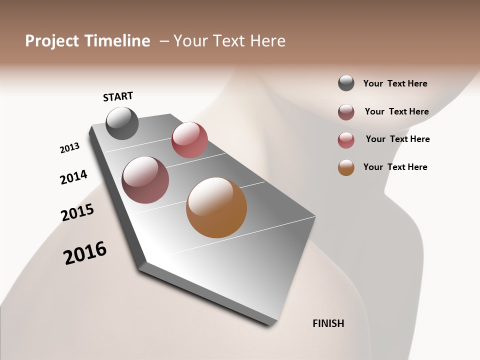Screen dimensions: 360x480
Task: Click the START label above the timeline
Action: (118, 96)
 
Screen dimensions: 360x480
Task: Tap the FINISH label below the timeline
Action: (328, 323)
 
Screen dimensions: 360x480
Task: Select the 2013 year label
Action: (69, 148)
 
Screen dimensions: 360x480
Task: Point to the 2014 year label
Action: (73, 177)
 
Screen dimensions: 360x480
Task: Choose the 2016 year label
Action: (85, 253)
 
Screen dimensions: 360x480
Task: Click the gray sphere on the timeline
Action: (122, 123)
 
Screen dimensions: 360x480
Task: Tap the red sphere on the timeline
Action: (189, 139)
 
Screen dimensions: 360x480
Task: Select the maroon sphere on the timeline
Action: (145, 179)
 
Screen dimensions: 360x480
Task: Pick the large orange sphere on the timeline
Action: (216, 207)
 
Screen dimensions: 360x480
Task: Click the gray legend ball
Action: (346, 83)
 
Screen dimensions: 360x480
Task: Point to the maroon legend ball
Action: (346, 112)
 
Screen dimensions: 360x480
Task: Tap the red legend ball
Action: (346, 140)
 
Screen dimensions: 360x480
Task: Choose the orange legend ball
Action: (346, 167)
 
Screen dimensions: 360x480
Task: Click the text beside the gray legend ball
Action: (395, 83)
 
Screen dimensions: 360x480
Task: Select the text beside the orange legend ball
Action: (395, 167)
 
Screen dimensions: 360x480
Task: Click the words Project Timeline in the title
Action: (87, 41)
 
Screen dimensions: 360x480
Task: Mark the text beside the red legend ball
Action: (397, 139)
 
